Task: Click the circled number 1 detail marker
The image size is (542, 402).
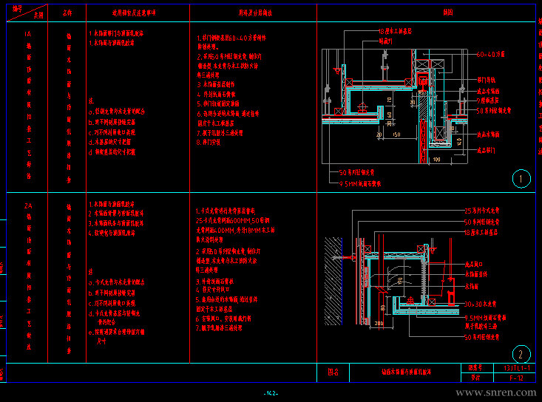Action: (x=521, y=178)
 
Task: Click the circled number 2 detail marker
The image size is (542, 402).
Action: (x=521, y=354)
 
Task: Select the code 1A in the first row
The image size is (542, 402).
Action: (x=28, y=34)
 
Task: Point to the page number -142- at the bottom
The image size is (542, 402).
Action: (x=271, y=393)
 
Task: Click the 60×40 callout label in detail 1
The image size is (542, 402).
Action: (x=490, y=54)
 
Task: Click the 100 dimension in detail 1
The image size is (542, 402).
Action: (x=436, y=158)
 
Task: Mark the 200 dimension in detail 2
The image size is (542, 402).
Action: (x=379, y=324)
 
